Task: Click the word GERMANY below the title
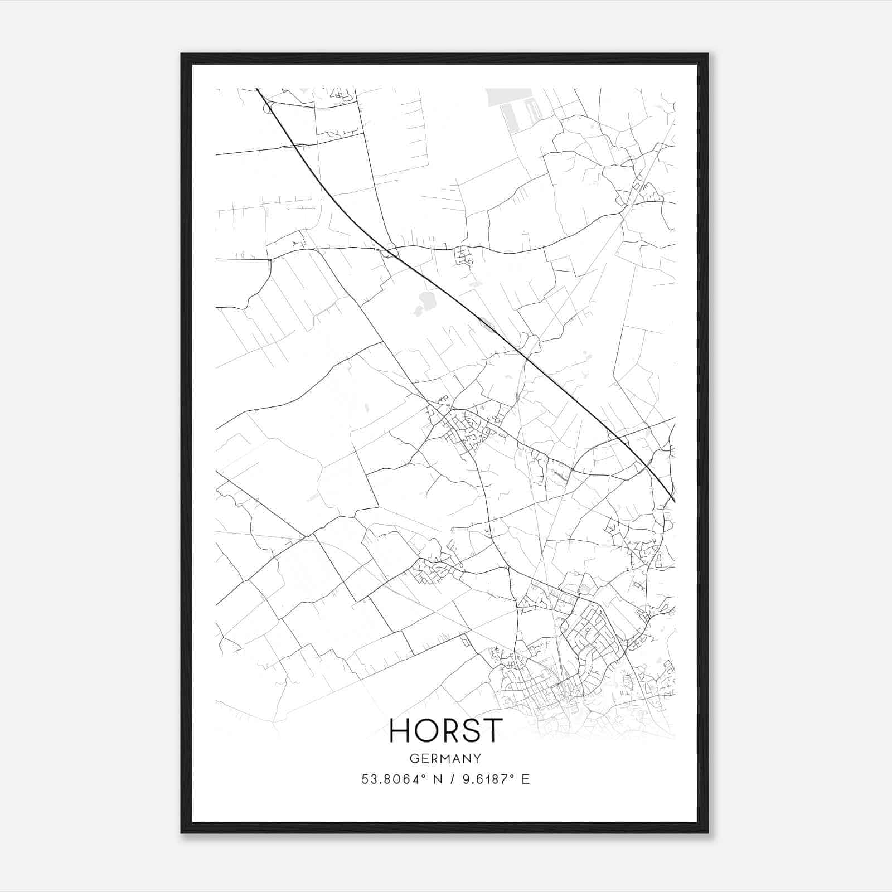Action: [445, 758]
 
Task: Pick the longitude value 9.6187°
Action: [484, 779]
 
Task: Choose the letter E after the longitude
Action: [525, 779]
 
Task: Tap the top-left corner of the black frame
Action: [182, 54]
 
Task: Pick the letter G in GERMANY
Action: [413, 758]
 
